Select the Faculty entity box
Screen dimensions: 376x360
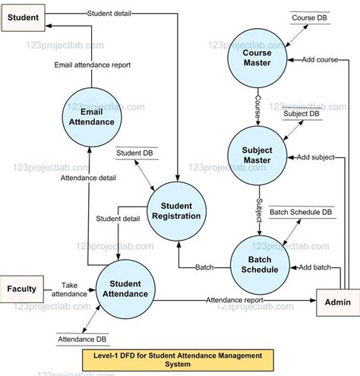[22, 289]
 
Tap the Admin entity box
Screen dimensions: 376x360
[336, 302]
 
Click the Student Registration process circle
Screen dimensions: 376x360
[176, 210]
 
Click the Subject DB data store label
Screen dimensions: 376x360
[301, 114]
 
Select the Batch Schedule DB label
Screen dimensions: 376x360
[301, 212]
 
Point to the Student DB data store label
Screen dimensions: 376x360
[134, 153]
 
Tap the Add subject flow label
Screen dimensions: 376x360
[316, 157]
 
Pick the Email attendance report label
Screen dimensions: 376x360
[92, 65]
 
